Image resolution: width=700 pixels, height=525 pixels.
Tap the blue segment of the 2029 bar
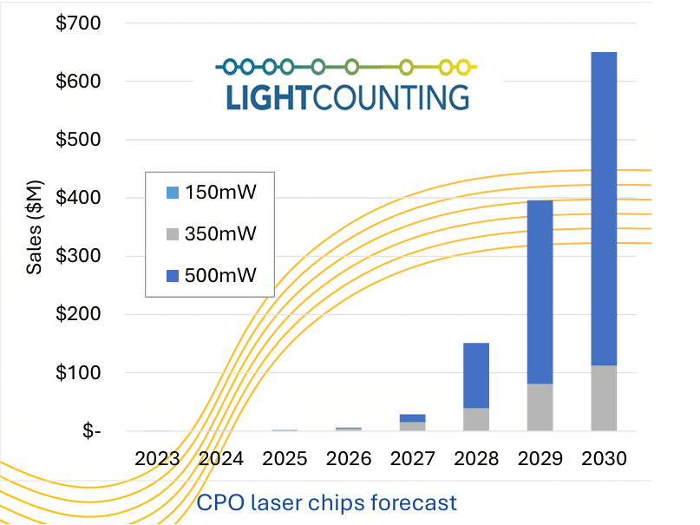540,292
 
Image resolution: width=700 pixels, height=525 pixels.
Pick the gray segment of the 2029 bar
540,407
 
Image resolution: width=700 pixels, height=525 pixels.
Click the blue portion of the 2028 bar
476,375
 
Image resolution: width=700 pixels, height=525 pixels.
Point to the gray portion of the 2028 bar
476,419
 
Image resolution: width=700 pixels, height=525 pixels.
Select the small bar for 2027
412,423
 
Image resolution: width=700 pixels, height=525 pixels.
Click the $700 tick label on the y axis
77,23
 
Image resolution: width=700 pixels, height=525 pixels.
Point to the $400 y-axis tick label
77,198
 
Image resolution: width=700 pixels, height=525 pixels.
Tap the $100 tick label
77,373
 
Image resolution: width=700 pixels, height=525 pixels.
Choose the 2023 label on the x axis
157,458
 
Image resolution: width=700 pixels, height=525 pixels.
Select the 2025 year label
285,458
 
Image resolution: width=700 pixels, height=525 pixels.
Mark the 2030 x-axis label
604,458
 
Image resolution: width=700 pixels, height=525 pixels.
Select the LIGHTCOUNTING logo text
347,96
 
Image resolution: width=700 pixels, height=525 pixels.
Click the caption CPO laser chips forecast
326,502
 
